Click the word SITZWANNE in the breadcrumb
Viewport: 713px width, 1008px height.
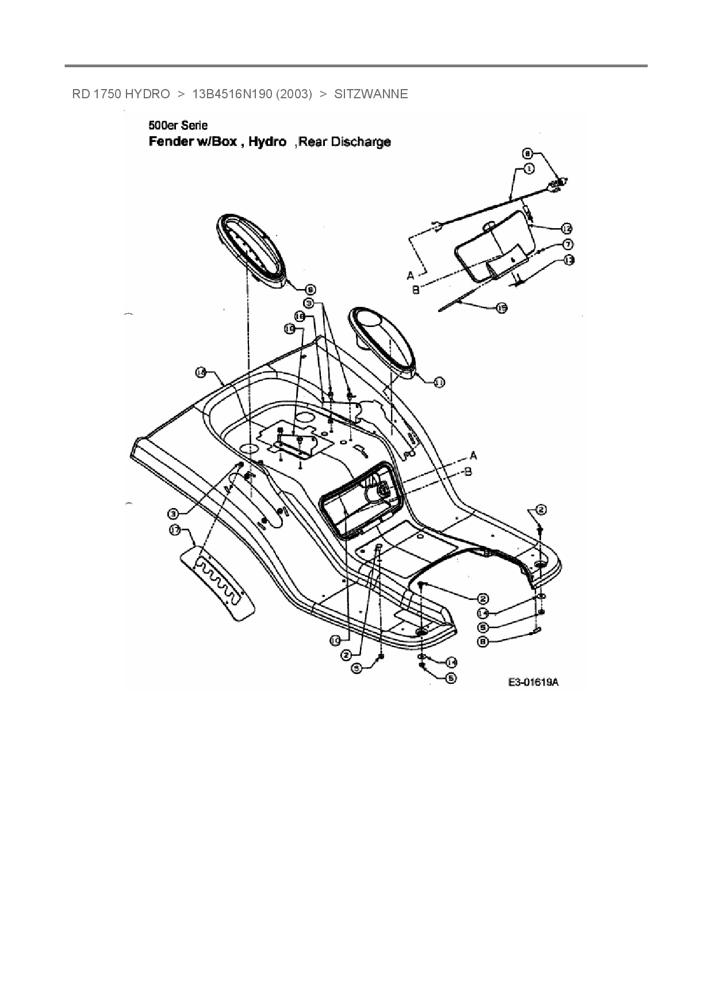(371, 94)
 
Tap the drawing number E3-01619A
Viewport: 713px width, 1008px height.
(533, 682)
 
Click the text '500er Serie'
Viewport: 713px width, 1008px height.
(178, 125)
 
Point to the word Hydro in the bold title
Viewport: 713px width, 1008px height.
(267, 141)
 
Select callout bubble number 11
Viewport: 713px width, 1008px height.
(439, 382)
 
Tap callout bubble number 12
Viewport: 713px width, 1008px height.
(566, 228)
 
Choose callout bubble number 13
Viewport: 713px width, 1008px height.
(568, 260)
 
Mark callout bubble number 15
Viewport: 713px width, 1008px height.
(501, 308)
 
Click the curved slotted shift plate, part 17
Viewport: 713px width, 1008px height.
(218, 581)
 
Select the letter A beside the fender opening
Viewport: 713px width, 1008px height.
(473, 455)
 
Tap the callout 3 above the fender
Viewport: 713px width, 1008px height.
(309, 302)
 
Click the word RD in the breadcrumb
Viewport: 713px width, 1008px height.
(80, 94)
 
